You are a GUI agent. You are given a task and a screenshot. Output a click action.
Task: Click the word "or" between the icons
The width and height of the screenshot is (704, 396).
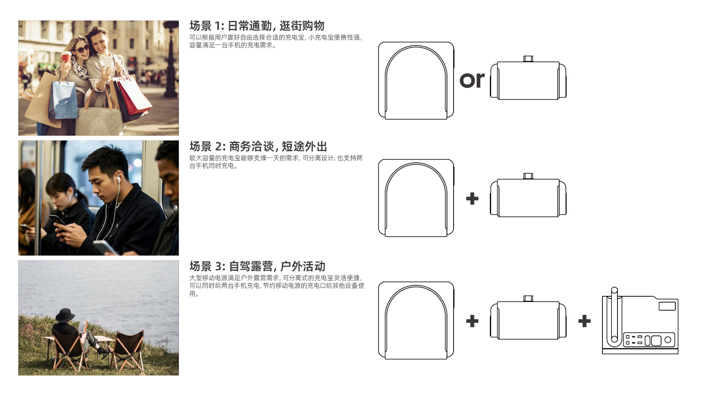coord(472,80)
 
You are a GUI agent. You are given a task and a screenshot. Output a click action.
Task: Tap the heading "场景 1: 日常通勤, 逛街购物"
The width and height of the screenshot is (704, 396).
coord(257,26)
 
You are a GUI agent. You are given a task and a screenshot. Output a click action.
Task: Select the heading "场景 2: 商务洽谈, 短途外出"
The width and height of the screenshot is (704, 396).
coord(258,147)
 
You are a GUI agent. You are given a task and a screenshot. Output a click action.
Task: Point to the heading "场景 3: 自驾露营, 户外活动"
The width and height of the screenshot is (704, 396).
coord(257,266)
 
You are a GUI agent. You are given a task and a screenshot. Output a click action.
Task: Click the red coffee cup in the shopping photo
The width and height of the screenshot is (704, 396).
coord(66,58)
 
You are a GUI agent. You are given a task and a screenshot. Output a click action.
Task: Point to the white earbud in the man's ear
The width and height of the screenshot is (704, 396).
coord(118,179)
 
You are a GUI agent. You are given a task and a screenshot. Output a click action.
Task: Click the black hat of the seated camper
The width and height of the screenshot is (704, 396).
coord(65,315)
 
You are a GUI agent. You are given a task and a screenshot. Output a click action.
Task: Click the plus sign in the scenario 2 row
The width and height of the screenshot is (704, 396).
coord(472,199)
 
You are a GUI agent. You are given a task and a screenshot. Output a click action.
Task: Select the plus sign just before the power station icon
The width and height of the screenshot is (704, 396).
coord(584,321)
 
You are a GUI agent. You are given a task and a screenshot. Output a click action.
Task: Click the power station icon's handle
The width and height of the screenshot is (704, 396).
coord(615,315)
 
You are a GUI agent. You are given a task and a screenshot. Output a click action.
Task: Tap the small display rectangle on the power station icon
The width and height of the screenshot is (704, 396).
coord(667,306)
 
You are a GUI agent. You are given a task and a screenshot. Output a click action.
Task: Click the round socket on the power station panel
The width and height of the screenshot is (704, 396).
coord(668,340)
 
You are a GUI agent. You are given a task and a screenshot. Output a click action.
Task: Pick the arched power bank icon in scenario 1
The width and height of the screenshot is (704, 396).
coord(416,81)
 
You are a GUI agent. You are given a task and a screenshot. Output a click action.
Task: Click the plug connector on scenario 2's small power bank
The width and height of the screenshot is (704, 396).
coord(528,176)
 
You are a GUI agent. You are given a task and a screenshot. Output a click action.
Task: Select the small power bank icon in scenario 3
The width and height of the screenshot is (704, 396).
coord(528,320)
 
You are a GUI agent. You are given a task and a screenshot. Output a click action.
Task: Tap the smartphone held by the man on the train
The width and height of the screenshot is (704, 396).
coord(58,220)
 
